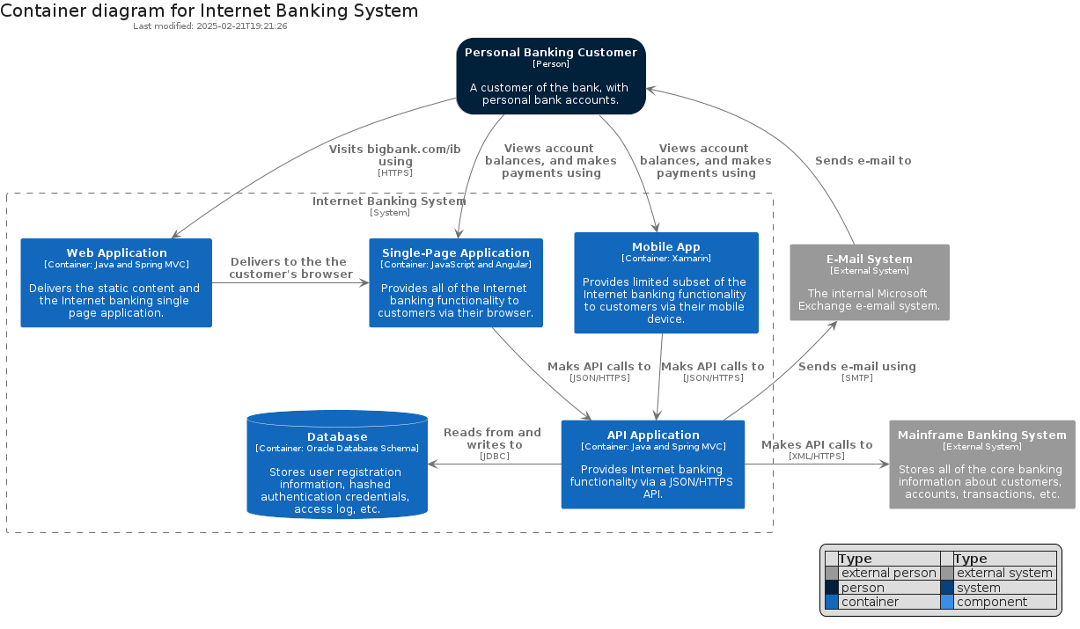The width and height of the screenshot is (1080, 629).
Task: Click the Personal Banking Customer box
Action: point(551,77)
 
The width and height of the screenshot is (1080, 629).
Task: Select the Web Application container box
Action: point(116,283)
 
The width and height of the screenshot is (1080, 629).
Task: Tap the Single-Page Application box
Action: point(456,283)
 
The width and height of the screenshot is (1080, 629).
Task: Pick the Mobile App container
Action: point(666,283)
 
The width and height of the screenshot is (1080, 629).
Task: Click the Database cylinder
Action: point(337,464)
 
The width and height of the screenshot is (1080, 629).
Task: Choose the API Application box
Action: point(653,464)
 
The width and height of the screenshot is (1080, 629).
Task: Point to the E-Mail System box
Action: point(870,282)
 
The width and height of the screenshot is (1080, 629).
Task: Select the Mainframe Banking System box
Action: point(982,464)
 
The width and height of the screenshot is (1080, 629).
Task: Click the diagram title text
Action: point(209,11)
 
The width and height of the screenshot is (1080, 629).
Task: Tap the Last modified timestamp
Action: point(210,26)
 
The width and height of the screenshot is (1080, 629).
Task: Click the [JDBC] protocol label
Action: point(495,456)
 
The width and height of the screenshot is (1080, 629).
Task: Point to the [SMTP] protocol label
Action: point(857,378)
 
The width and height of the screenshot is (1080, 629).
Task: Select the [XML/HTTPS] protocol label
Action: point(817,456)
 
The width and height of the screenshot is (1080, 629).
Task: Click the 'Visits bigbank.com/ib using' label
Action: point(395,155)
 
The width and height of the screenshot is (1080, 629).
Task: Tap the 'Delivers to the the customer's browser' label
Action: point(290,268)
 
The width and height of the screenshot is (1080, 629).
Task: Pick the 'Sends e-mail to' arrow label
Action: point(863,160)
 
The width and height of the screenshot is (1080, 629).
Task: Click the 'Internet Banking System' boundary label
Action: point(389,201)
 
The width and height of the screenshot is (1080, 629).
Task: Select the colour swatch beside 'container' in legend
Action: point(831,602)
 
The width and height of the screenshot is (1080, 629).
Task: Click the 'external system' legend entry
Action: point(1004,573)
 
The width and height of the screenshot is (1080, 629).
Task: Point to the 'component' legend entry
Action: point(992,602)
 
